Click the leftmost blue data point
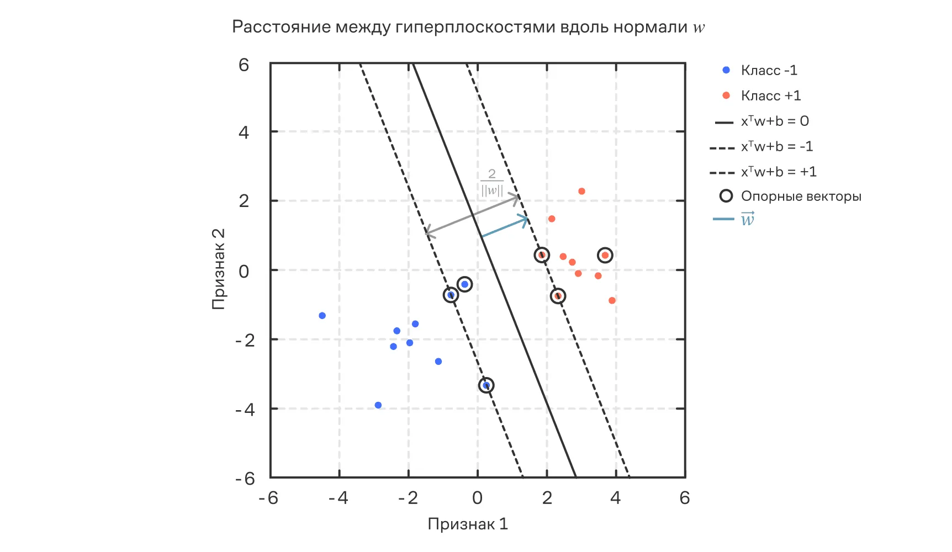pos(322,316)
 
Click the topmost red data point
pos(581,192)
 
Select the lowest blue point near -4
pos(378,405)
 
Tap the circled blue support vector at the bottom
pos(486,385)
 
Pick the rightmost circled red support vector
pos(605,255)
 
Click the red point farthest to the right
pos(612,301)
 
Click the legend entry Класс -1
pos(769,71)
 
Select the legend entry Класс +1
pos(770,96)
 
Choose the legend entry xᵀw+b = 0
pos(774,121)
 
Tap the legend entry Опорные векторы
pos(801,197)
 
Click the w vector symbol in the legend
pos(747,220)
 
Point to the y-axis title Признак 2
pos(219,269)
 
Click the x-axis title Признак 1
pos(468,524)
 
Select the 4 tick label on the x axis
pos(616,498)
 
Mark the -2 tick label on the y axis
pos(245,341)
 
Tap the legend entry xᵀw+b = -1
pos(776,147)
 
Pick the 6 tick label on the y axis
pos(244,65)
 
